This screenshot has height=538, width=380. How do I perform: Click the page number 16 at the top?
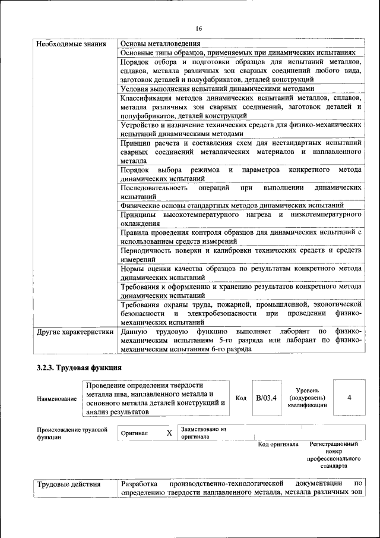point(199,29)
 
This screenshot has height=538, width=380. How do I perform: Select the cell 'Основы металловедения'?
point(160,44)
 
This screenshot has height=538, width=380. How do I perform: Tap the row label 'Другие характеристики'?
point(75,332)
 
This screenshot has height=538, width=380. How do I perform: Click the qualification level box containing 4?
point(349,398)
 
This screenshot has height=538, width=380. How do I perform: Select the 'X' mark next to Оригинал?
point(169,433)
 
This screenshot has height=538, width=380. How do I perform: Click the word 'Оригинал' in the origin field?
point(135,434)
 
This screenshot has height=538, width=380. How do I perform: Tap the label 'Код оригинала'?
point(278,444)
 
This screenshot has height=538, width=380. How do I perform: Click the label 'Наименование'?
point(56,399)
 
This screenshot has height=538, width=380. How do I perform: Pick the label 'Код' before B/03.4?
point(241,398)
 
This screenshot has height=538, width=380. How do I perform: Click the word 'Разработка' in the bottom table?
point(139,484)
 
